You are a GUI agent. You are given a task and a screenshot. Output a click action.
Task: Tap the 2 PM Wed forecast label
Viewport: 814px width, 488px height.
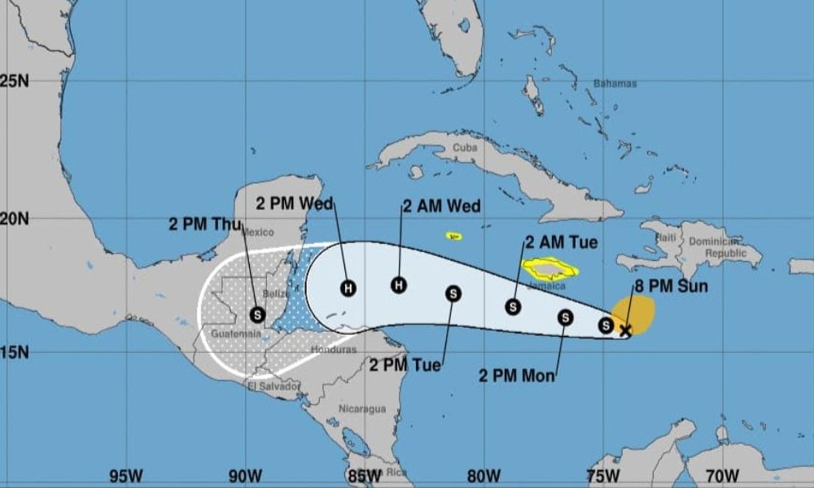(x=295, y=203)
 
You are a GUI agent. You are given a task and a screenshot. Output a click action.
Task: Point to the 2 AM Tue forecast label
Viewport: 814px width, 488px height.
(x=562, y=242)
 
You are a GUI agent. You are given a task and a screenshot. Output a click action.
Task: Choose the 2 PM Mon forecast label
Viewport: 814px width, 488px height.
(x=517, y=376)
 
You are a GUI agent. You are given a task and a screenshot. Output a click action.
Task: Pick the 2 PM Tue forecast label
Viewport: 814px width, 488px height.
(x=405, y=365)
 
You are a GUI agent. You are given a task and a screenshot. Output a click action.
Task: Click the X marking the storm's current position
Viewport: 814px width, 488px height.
(x=625, y=329)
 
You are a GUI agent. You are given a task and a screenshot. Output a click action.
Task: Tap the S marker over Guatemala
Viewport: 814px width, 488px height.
(x=258, y=313)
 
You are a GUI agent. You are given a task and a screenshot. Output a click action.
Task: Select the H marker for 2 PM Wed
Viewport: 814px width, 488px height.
(x=348, y=288)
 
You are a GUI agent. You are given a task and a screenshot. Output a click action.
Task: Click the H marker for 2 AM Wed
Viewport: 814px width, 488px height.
(x=398, y=285)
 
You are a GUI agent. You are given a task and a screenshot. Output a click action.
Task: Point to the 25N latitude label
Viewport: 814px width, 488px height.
(x=15, y=81)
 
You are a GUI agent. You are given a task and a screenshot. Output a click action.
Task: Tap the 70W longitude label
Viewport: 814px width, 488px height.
(x=722, y=475)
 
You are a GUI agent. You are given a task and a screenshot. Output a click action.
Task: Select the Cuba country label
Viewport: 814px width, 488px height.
(x=464, y=148)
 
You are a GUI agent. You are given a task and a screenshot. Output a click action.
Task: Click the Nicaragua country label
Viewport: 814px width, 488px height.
(x=362, y=409)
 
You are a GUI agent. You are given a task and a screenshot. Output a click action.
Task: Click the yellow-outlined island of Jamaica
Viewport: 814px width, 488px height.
(x=551, y=269)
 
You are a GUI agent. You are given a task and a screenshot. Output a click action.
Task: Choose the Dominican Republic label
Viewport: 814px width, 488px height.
(x=713, y=247)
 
